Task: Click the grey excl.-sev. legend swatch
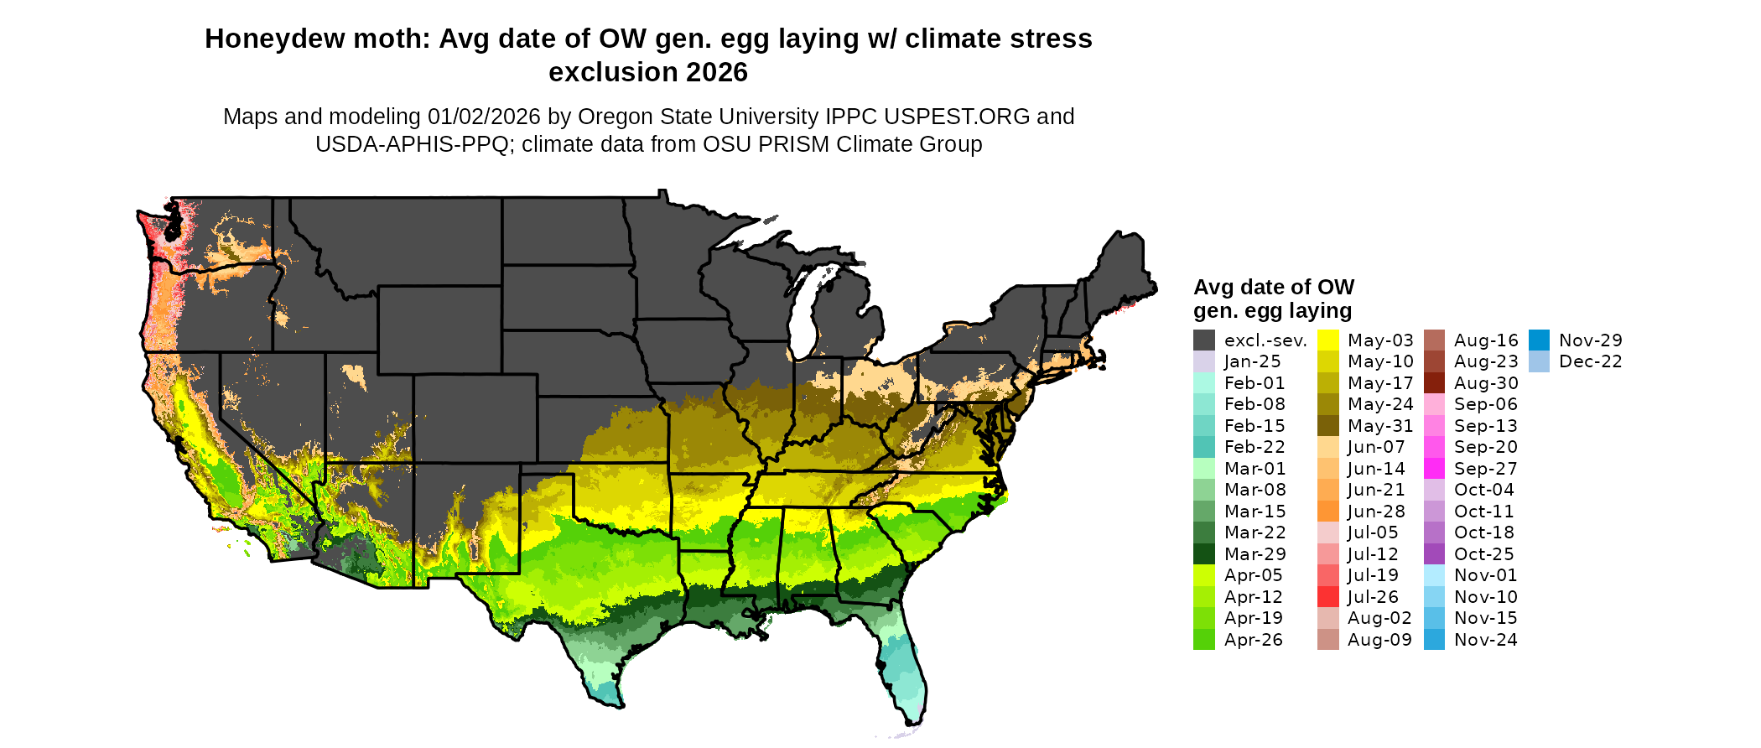tap(1204, 340)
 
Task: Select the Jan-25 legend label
tap(1252, 361)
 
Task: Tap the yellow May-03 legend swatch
tap(1328, 340)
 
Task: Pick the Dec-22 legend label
tap(1590, 361)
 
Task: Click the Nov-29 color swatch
tap(1539, 340)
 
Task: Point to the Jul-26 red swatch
tap(1328, 597)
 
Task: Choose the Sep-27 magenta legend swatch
tap(1434, 469)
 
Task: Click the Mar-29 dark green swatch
tap(1204, 554)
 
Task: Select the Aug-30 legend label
tap(1485, 383)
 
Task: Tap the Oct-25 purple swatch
tap(1434, 554)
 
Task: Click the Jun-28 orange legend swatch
tap(1328, 512)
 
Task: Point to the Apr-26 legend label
tap(1253, 640)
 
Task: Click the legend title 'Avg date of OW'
tap(1273, 288)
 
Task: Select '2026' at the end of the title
tap(715, 73)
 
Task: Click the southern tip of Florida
tap(914, 719)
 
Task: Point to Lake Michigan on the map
tap(803, 314)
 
